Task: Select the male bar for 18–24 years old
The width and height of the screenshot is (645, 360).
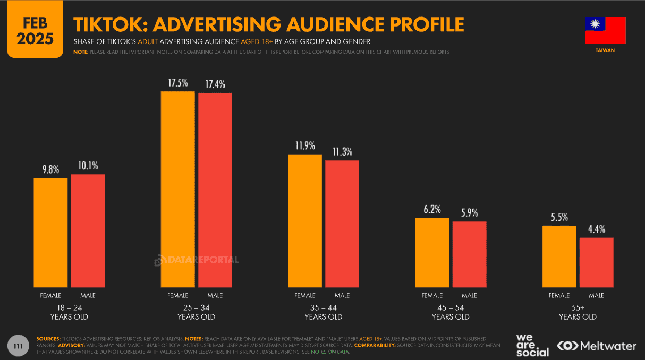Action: point(88,230)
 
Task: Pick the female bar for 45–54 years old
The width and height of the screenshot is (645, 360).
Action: point(432,252)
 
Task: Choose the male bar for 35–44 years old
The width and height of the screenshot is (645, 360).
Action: point(342,223)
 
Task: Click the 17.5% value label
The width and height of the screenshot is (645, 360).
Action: point(178,83)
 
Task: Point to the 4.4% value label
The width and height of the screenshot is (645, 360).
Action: point(596,229)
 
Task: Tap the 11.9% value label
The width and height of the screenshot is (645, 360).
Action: point(305,145)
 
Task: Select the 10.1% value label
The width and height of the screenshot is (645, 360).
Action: point(88,166)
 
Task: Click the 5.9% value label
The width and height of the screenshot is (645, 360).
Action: point(469,213)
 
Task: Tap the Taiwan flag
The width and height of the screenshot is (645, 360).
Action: point(605,30)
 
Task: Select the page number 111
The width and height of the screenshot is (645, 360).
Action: point(21,345)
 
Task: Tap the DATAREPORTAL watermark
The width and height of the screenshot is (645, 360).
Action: point(197,260)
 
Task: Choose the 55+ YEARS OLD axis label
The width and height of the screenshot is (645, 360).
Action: point(578,312)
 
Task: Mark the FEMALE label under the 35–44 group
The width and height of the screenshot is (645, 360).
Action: point(304,295)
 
